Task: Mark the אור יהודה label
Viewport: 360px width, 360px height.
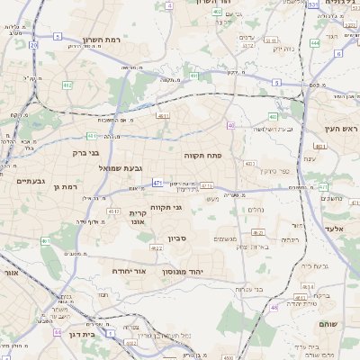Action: point(129,270)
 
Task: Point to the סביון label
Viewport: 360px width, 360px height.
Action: point(175,241)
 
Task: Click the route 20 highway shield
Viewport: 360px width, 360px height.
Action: point(33,43)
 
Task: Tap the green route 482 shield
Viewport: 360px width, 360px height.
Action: point(67,85)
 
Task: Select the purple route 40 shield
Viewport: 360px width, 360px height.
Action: point(231,125)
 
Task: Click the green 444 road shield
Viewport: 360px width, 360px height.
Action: point(315,42)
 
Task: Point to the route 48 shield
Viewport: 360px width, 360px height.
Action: point(274,307)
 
